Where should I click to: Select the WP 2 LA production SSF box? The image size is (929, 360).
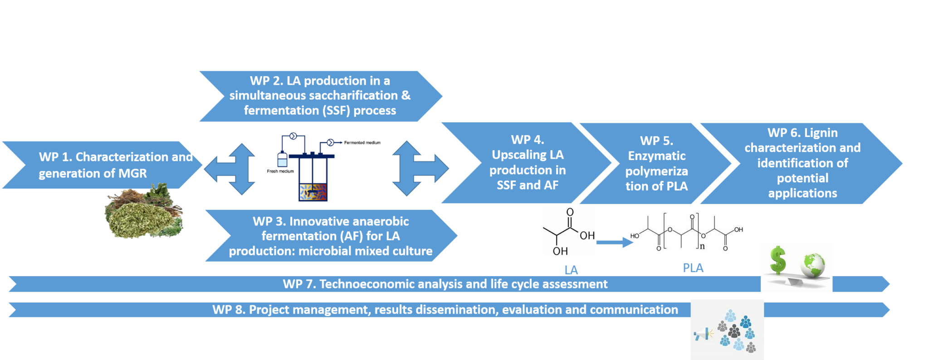pyautogui.click(x=319, y=96)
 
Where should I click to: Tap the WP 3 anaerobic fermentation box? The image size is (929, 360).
pyautogui.click(x=330, y=236)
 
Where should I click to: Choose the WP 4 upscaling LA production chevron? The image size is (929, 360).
pyautogui.click(x=527, y=162)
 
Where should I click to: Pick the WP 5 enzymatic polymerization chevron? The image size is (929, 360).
pyautogui.click(x=656, y=163)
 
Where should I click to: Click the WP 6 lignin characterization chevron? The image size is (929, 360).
pyautogui.click(x=802, y=163)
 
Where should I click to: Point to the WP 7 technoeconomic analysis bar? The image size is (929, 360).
pyautogui.click(x=445, y=284)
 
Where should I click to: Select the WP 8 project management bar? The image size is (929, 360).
pyautogui.click(x=445, y=310)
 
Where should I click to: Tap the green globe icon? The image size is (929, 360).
pyautogui.click(x=813, y=266)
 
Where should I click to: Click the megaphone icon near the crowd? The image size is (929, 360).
pyautogui.click(x=703, y=335)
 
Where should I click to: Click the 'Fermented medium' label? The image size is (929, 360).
pyautogui.click(x=362, y=143)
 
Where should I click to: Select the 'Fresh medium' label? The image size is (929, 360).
pyautogui.click(x=280, y=171)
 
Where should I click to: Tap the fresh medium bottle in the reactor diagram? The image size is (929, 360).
pyautogui.click(x=282, y=160)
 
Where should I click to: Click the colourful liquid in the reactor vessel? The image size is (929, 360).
pyautogui.click(x=313, y=192)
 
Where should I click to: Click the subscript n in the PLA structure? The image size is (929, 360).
pyautogui.click(x=702, y=247)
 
